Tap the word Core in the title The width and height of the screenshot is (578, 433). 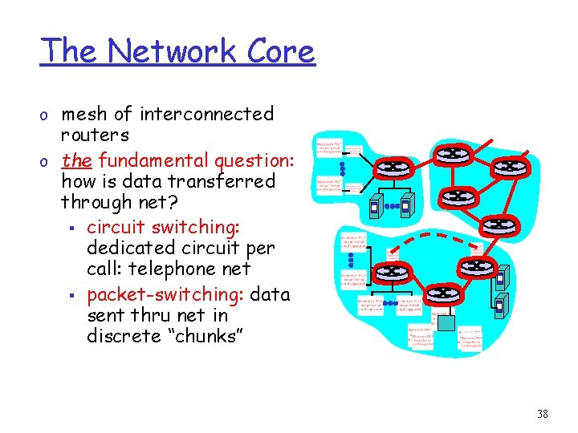(280, 51)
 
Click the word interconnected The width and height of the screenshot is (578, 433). (207, 115)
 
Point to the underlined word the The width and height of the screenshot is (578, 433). (76, 160)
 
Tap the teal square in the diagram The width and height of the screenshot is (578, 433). (445, 322)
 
